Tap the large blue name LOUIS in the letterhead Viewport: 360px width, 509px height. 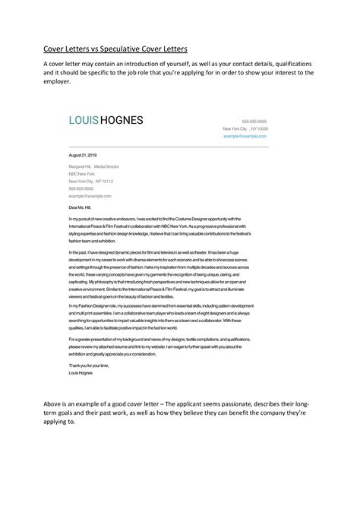coord(86,120)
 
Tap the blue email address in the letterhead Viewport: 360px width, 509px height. coord(250,136)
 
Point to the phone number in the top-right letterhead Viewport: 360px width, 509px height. coord(254,122)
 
